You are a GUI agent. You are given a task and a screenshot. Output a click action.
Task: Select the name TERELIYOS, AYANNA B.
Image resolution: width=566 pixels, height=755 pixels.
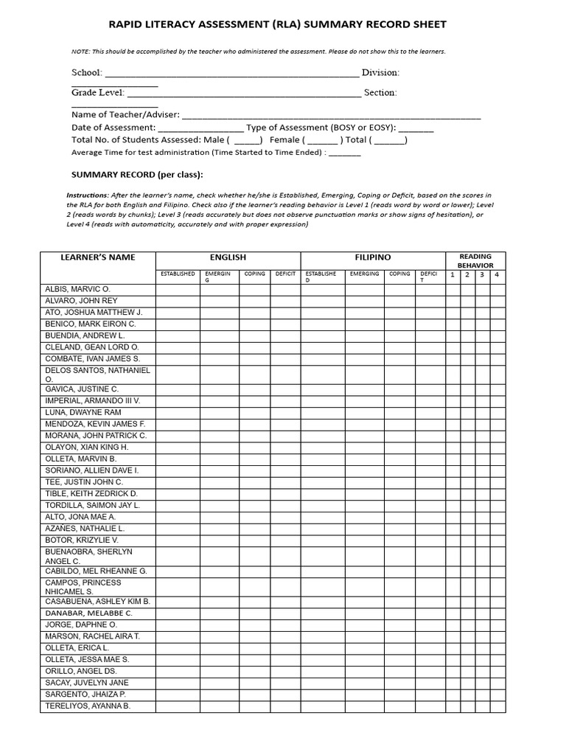click(88, 706)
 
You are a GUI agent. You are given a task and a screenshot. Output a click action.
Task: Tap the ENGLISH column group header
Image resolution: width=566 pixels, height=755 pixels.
click(228, 257)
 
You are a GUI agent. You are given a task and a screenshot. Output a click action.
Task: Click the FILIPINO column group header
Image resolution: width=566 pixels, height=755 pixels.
click(373, 257)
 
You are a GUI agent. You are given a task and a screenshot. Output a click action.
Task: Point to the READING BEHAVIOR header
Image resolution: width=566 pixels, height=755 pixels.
click(475, 261)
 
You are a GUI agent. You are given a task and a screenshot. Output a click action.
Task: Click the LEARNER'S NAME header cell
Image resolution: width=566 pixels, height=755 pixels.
click(98, 257)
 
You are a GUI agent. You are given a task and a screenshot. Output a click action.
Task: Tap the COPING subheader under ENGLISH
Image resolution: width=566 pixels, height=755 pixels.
click(254, 274)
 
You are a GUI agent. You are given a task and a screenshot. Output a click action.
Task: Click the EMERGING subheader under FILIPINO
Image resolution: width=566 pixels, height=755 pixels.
click(364, 274)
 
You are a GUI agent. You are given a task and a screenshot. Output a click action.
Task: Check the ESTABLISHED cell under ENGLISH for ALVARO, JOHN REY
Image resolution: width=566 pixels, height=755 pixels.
click(178, 301)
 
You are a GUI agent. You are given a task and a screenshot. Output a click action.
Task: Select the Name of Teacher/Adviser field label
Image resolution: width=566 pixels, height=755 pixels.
click(125, 115)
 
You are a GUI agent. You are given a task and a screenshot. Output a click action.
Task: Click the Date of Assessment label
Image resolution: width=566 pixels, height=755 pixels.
click(113, 128)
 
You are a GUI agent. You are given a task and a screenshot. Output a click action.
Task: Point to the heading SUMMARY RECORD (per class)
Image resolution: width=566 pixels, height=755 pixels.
click(136, 175)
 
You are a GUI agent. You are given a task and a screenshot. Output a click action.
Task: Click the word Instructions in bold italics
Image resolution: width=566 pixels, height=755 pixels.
click(87, 195)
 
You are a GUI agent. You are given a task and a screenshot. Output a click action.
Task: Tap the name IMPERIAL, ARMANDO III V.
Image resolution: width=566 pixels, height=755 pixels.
click(92, 400)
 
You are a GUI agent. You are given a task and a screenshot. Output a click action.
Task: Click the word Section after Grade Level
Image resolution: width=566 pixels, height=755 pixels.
click(380, 93)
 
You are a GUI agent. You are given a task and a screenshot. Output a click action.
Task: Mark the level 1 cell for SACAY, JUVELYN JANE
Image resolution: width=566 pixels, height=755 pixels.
click(453, 683)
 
